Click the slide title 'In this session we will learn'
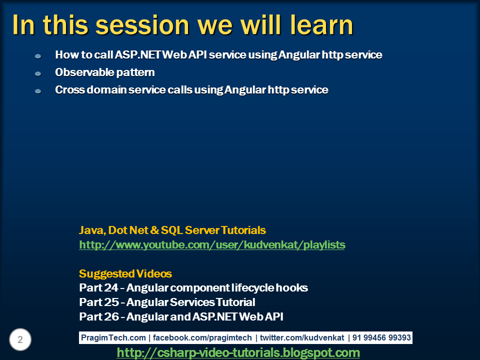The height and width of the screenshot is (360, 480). (x=182, y=25)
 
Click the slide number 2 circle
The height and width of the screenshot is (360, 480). (x=20, y=340)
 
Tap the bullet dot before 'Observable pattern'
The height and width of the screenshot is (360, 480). (x=38, y=74)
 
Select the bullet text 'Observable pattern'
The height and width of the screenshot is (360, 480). (x=104, y=72)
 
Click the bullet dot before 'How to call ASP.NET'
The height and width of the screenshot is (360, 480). (x=38, y=56)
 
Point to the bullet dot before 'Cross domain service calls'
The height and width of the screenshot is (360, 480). (x=38, y=91)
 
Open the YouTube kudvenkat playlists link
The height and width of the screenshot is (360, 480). (x=212, y=245)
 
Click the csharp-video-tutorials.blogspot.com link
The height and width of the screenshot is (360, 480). (x=238, y=352)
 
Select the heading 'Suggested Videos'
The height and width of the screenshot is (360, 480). (x=125, y=274)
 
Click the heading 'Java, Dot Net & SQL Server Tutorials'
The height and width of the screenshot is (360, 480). (x=172, y=230)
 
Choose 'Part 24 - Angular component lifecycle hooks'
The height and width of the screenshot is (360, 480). (x=193, y=288)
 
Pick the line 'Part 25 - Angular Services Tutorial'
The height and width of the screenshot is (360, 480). (x=167, y=302)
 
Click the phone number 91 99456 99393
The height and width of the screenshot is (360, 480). (x=381, y=338)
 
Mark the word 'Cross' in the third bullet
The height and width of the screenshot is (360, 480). (x=67, y=90)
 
